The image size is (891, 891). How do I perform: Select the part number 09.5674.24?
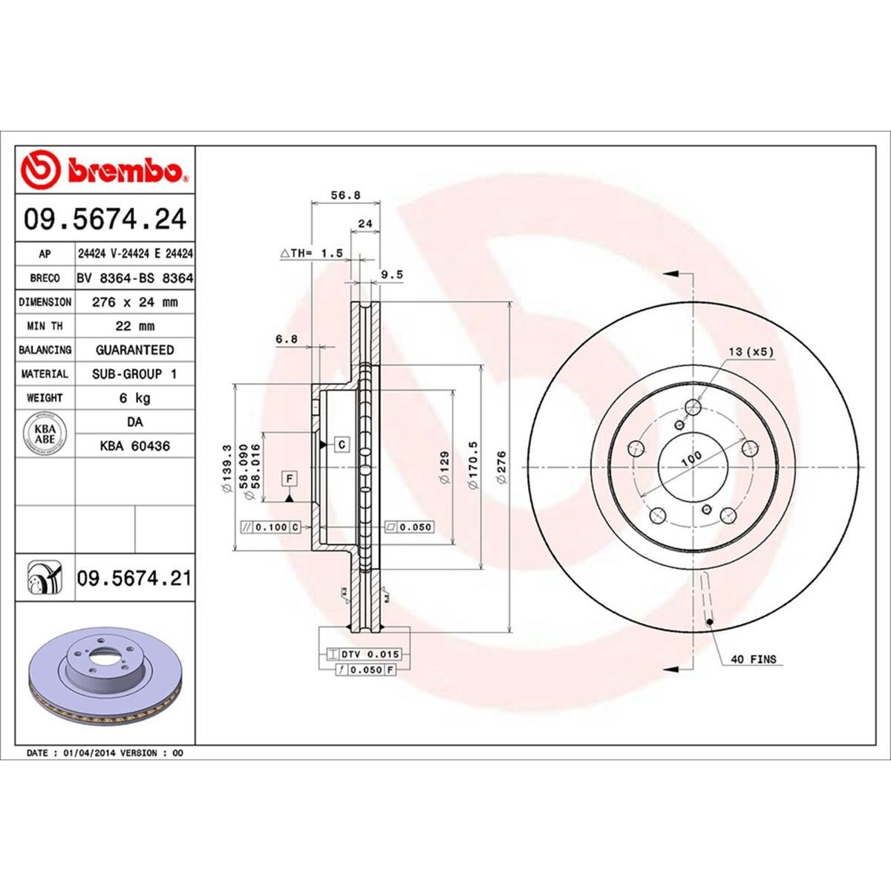click(105, 220)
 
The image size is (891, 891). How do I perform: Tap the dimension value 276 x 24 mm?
click(134, 302)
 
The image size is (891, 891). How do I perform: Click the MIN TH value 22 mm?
click(134, 326)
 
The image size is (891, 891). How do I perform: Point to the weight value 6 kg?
click(134, 398)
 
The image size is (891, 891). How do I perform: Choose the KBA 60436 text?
click(134, 446)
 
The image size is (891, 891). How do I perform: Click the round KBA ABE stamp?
click(45, 434)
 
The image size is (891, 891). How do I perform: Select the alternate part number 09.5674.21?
click(134, 578)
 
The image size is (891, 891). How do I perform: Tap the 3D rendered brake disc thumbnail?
click(104, 676)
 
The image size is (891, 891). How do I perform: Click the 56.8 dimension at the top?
click(345, 195)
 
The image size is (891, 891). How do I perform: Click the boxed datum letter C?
click(342, 445)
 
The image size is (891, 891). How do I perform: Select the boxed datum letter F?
click(289, 478)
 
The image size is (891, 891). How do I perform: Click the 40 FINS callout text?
click(753, 659)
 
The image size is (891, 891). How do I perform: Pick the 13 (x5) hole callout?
click(751, 351)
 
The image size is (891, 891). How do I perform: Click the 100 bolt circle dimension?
click(691, 459)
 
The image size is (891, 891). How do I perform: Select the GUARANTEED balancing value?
click(134, 350)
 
